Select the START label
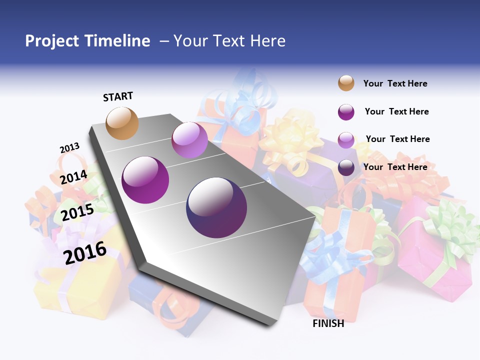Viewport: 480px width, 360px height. pos(118,96)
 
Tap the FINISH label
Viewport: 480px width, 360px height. pos(328,323)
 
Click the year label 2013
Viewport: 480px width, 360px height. pos(69,148)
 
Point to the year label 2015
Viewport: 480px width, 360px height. pos(77,212)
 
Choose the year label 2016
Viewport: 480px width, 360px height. pos(85,252)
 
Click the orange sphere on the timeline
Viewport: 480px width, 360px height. pos(122,123)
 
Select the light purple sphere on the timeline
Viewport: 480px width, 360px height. pos(189,140)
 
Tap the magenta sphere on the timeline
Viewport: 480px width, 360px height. pos(145,180)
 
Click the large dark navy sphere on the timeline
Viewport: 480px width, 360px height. pos(216,207)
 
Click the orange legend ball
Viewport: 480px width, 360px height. pos(346,83)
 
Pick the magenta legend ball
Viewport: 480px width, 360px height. pos(346,112)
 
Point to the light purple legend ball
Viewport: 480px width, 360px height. pos(346,139)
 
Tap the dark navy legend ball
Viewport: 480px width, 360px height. pos(346,167)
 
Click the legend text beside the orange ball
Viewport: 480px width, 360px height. pos(395,83)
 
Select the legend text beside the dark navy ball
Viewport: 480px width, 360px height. pos(395,167)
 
